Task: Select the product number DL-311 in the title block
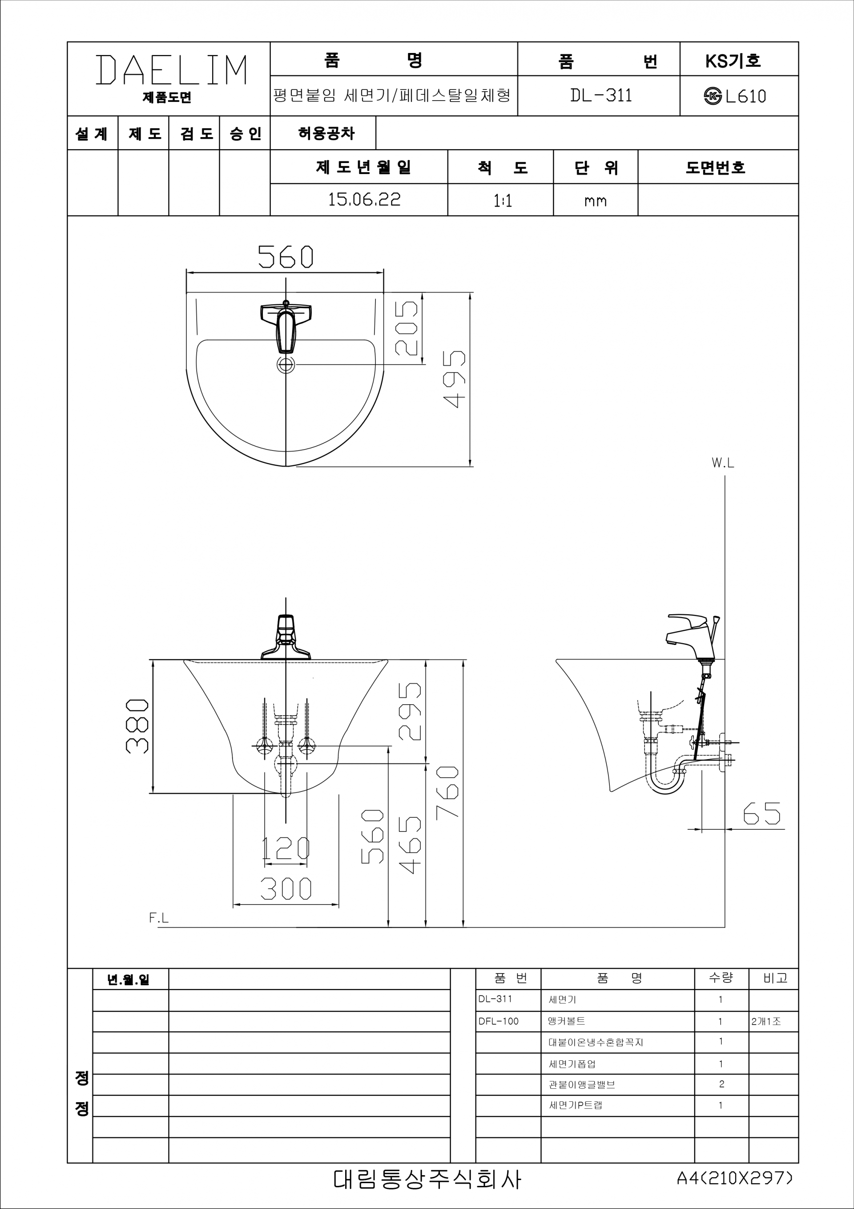[600, 95]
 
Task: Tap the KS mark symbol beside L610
[713, 96]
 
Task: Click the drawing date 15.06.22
[364, 199]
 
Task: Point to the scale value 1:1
[503, 201]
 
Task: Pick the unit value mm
[595, 201]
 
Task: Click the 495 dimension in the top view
[454, 379]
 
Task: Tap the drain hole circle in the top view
[286, 364]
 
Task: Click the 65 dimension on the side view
[761, 814]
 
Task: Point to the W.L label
[722, 463]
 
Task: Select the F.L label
[158, 918]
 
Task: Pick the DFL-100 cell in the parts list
[498, 1022]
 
